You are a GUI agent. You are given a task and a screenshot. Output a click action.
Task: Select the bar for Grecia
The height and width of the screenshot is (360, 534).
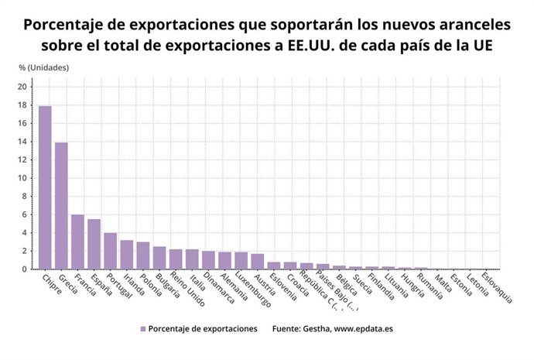tap(61, 206)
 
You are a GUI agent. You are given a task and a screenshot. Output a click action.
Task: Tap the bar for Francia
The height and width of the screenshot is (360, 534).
tap(77, 242)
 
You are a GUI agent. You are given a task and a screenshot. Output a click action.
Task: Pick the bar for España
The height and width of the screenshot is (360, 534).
tap(94, 244)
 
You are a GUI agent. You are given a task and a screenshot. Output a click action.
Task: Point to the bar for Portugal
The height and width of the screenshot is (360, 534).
tap(111, 251)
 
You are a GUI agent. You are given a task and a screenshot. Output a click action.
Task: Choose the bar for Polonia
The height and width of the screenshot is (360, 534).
tap(143, 255)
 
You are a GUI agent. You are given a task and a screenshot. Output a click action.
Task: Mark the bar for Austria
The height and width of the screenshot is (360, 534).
tap(258, 262)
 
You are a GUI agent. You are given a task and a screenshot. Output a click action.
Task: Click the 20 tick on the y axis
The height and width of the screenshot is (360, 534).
tap(22, 87)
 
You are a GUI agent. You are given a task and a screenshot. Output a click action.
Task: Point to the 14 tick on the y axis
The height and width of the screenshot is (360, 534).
tap(22, 142)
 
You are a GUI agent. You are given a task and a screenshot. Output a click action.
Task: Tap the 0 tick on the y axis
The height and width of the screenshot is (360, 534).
tap(25, 269)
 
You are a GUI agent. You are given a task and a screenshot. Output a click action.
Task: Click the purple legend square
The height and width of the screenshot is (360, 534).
tap(142, 329)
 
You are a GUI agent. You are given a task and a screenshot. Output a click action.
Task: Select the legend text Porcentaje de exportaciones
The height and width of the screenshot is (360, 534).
tap(203, 329)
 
